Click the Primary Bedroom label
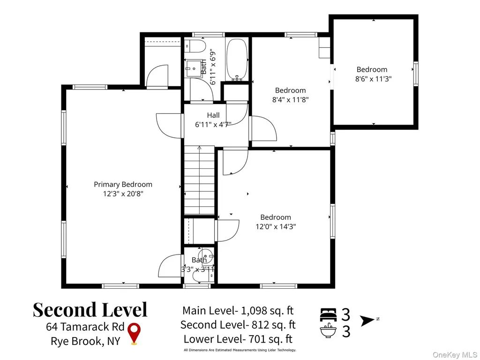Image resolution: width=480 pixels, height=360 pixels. (123, 184)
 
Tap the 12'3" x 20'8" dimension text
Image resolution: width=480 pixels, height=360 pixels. (123, 194)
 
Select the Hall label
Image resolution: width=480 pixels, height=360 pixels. (213, 115)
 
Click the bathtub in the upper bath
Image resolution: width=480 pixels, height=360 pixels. (237, 60)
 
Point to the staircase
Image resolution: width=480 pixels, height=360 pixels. (199, 180)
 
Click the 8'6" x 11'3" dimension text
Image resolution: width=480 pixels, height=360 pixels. (373, 79)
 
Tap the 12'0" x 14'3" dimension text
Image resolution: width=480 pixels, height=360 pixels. (276, 226)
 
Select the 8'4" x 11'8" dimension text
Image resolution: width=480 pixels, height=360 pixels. (290, 99)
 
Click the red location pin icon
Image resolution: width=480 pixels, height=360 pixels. (134, 334)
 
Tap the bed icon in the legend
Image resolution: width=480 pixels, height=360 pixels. (328, 315)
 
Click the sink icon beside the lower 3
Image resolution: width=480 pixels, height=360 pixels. (328, 330)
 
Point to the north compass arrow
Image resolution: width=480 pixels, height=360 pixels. (367, 321)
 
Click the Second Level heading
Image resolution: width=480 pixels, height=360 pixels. (90, 309)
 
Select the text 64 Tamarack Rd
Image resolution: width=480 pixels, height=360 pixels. (85, 327)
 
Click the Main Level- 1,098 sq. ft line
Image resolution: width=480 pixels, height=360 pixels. (238, 310)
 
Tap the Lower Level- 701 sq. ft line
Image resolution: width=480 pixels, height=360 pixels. (238, 339)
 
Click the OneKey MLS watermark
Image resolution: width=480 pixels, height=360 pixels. (455, 355)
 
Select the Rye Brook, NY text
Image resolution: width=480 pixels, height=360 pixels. (85, 341)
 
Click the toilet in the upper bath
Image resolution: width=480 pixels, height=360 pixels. (195, 46)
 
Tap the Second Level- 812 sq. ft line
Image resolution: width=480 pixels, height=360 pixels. (238, 324)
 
